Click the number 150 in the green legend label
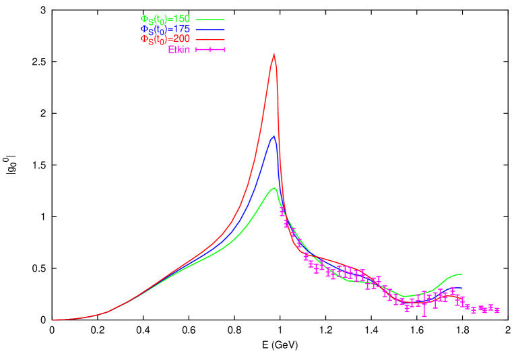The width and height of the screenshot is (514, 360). coord(180,19)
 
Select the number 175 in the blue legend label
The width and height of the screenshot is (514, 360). coord(180,29)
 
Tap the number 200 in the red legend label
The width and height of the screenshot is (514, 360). coord(180,39)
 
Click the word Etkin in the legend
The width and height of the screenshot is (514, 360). coord(179,49)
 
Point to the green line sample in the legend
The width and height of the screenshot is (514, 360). coord(210,20)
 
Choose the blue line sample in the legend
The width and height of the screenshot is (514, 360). coord(210,30)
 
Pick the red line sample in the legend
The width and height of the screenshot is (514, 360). coord(210,40)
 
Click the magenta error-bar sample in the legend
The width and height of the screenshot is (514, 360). coord(210,50)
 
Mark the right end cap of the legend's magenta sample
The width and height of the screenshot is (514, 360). coord(224,50)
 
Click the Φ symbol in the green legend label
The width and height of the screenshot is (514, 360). coord(143,19)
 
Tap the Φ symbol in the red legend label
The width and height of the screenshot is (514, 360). coord(143,39)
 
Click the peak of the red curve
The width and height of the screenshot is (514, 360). coord(274,54)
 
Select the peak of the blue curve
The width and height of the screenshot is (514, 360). coord(274,136)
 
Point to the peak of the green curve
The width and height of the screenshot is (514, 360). coord(274,188)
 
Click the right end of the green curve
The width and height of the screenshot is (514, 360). coord(461,274)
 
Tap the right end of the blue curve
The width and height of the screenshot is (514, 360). coord(462,288)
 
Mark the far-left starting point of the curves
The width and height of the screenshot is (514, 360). coord(53,320)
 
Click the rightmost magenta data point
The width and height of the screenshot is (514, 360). coord(497,310)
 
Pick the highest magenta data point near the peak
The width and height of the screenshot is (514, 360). coord(282,211)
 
